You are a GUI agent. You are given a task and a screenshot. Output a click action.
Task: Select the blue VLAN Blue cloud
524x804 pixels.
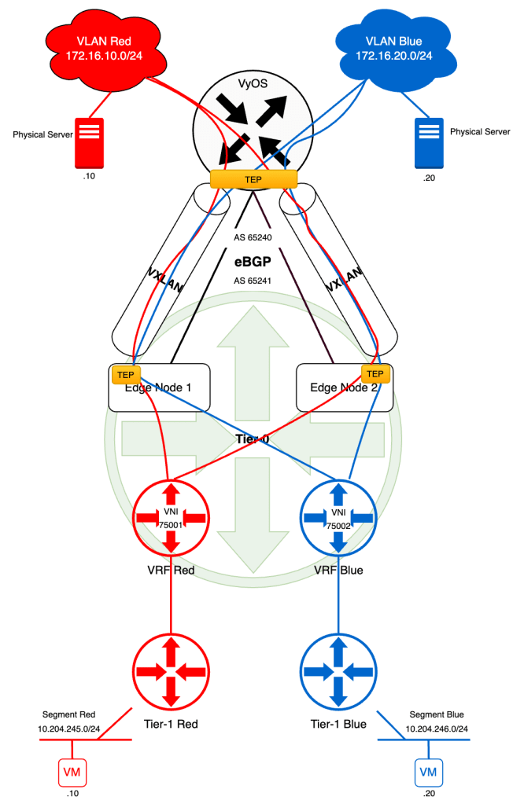point(393,48)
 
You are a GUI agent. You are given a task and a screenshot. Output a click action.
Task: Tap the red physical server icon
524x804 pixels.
point(89,143)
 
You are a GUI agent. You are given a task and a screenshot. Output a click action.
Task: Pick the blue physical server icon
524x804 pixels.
point(429,143)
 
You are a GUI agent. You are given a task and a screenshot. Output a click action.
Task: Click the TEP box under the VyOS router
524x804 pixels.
point(253,179)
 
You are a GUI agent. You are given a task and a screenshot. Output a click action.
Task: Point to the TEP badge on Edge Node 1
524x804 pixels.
point(125,374)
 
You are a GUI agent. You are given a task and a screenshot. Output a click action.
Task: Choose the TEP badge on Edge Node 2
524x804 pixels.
point(375,373)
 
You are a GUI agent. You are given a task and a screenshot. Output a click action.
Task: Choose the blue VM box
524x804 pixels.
point(428,772)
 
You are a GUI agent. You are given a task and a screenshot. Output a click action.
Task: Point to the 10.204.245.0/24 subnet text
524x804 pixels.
point(68,729)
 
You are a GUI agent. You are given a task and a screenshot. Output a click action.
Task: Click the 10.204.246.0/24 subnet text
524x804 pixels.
point(437,729)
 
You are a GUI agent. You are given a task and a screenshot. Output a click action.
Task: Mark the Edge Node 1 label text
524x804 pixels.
point(162,387)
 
